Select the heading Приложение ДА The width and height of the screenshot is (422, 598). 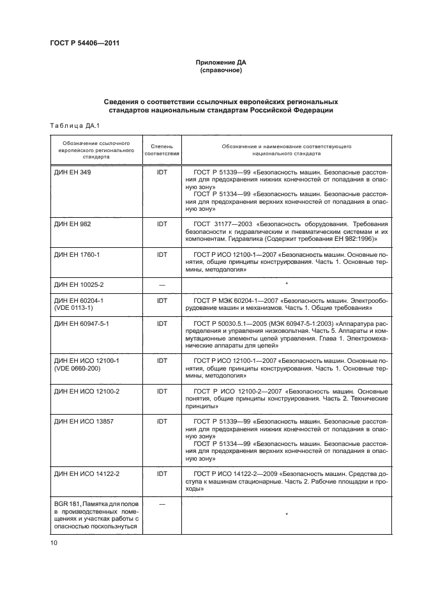(x=220, y=63)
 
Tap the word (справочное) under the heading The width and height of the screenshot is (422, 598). (x=220, y=70)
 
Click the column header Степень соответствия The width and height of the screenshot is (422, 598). (x=162, y=150)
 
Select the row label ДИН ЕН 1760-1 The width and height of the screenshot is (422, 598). (x=77, y=255)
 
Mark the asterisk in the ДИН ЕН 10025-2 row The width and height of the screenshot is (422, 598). (x=287, y=282)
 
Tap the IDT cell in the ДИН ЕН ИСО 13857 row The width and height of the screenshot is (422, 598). (x=162, y=422)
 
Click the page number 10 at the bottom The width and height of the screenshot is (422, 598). (x=54, y=543)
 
